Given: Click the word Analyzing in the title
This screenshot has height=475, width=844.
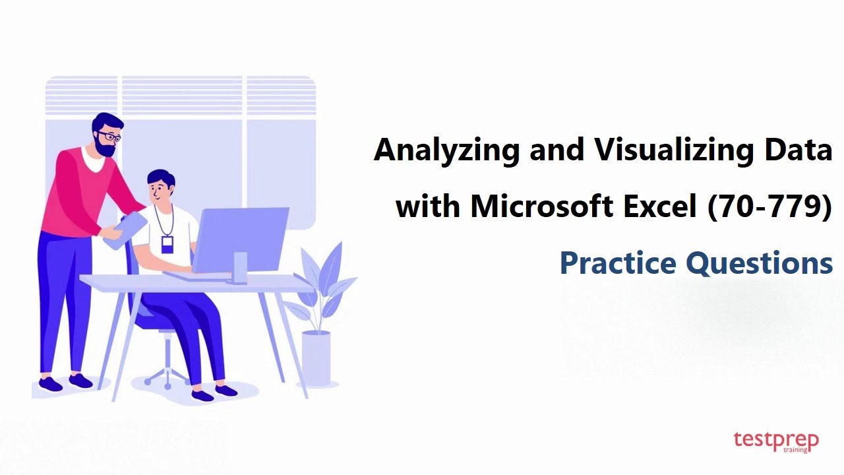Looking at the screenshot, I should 446,151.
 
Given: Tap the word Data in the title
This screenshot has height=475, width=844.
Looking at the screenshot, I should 799,150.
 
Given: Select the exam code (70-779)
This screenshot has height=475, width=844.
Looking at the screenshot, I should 769,206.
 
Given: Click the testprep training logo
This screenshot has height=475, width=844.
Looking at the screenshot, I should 775,441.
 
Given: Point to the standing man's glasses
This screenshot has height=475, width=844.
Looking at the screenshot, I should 110,137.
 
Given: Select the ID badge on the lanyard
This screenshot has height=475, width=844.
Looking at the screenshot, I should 167,245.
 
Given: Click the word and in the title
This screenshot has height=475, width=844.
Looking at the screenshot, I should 557,150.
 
